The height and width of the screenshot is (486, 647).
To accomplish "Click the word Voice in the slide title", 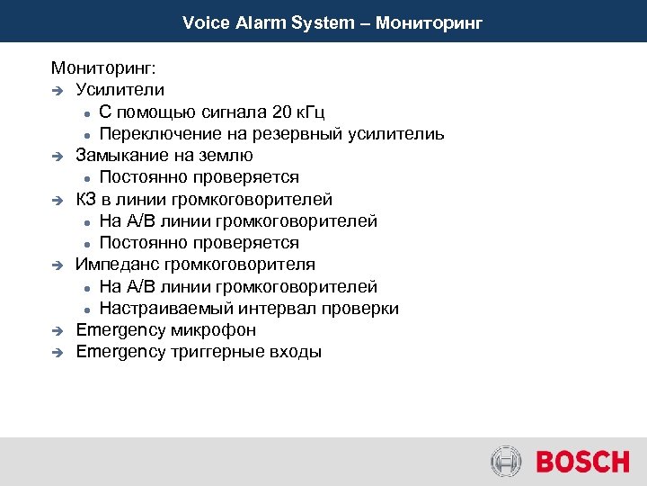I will coord(204,22).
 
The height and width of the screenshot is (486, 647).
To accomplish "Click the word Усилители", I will coord(120,90).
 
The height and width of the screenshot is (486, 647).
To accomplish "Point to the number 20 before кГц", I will coord(282,112).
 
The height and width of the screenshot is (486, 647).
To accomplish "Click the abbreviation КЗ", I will coord(87,200).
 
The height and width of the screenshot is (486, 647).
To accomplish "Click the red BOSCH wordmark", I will coord(582,463).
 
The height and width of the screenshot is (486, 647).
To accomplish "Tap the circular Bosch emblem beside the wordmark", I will coord(507,463).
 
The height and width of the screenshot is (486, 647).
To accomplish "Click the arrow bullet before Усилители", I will coord(58,91).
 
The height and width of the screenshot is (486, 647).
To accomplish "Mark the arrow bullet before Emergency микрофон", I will coord(58,331).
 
